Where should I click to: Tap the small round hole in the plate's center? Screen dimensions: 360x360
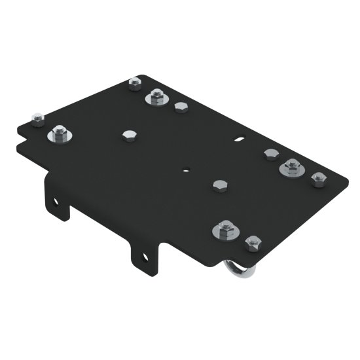[x=187, y=168]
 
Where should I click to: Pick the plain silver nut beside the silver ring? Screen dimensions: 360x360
[x=253, y=243]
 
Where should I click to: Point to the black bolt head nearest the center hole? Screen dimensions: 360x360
[x=219, y=185]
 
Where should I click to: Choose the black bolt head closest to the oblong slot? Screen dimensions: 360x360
[x=271, y=154]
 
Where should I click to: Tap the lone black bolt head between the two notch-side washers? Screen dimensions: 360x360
[x=128, y=135]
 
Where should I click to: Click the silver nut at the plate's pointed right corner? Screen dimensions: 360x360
[x=319, y=179]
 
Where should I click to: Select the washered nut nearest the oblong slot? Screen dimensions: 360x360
[x=291, y=166]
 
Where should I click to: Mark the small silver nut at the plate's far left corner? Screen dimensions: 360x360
[x=38, y=118]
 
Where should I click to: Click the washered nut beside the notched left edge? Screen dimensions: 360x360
[x=60, y=134]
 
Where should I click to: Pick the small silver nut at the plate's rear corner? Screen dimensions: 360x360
[x=135, y=83]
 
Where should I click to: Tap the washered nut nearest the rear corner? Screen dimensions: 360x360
[x=157, y=98]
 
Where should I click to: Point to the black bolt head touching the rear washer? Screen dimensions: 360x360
[x=181, y=107]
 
